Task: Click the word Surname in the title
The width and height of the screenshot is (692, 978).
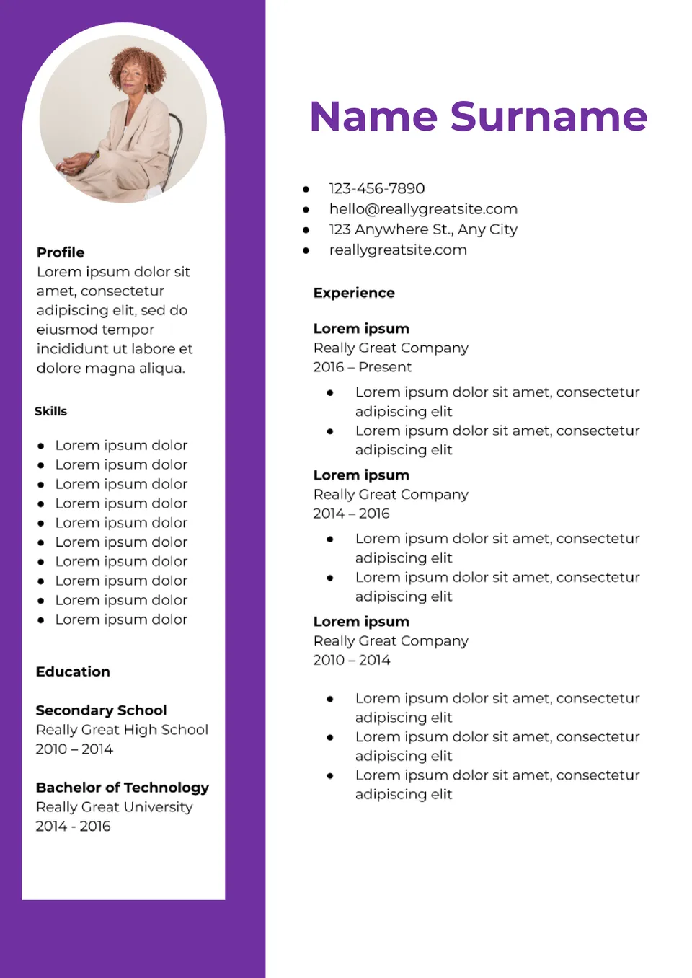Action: (x=549, y=117)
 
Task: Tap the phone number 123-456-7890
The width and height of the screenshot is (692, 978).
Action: (x=376, y=188)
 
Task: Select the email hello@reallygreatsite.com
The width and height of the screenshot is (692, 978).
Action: (x=423, y=209)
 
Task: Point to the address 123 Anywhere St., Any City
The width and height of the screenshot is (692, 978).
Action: (x=423, y=229)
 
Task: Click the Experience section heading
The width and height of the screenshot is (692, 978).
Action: (x=354, y=293)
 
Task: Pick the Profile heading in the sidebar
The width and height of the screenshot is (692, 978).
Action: (x=61, y=252)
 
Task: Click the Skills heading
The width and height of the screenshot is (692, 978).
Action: (x=50, y=411)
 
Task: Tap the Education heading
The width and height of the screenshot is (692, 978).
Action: (x=73, y=672)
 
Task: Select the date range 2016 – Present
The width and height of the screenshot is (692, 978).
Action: (x=362, y=367)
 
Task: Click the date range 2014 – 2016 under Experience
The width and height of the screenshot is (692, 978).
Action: (x=351, y=514)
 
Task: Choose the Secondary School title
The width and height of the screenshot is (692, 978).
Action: (x=101, y=710)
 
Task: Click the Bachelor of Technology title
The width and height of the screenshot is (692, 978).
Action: (x=123, y=788)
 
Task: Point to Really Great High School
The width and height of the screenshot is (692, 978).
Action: (x=122, y=730)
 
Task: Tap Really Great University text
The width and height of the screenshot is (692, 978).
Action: (x=114, y=807)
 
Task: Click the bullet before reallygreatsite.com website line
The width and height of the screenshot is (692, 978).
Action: (x=306, y=250)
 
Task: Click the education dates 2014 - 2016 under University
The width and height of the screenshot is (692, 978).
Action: (x=73, y=827)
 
